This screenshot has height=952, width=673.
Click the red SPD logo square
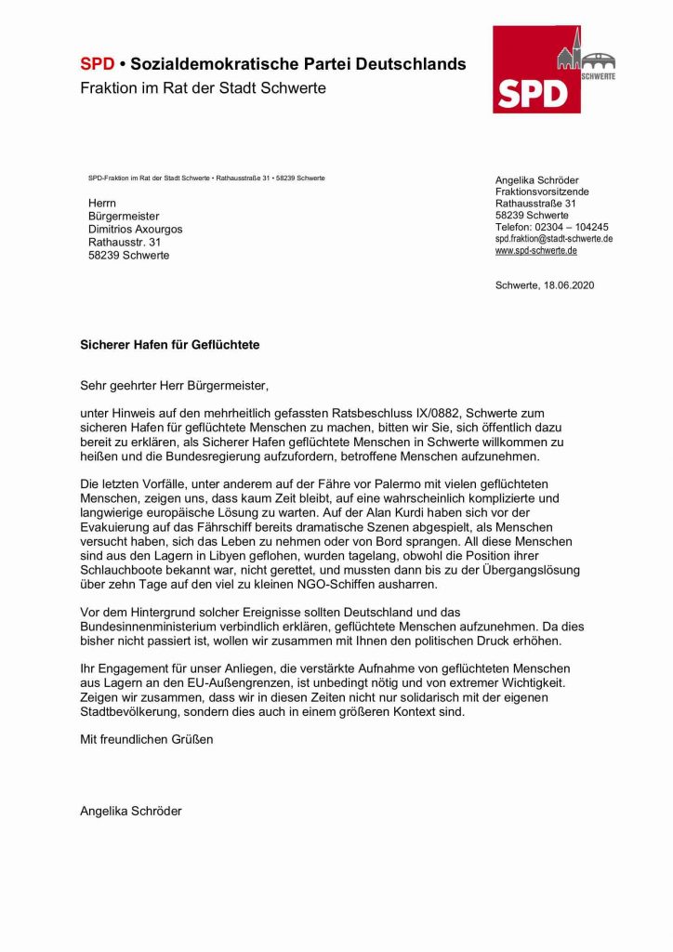coord(536,70)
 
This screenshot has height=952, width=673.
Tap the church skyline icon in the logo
coord(584,54)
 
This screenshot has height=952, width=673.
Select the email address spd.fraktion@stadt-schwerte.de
coord(553,239)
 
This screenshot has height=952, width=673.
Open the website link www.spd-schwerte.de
coord(536,251)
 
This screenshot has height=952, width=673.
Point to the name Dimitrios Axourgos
coord(135,229)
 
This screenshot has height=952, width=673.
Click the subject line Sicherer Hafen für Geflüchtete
coord(169,344)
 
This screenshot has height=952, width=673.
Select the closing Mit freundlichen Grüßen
coord(146,740)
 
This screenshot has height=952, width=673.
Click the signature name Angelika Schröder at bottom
coord(131,811)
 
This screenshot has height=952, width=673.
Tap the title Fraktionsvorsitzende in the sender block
coord(541,192)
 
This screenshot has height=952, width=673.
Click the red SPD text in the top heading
coord(97,64)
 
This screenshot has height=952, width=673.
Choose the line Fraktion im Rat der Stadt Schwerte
coord(203,88)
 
